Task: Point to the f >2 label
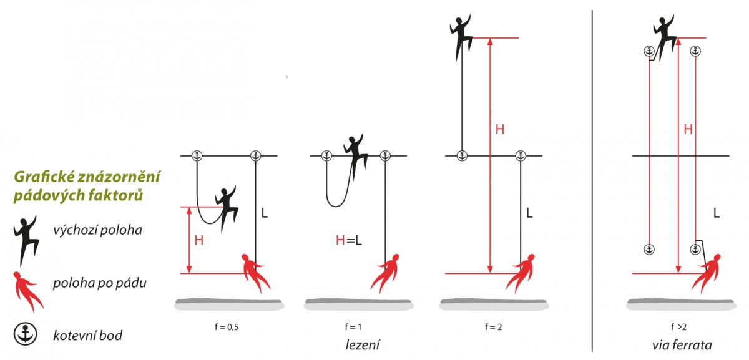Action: tap(678, 326)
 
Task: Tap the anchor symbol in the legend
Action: tap(26, 334)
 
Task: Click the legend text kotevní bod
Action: tap(87, 336)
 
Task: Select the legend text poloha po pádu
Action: tap(99, 283)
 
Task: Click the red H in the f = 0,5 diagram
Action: tap(199, 240)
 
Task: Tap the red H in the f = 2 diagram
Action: tap(500, 130)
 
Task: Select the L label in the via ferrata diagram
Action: tap(716, 213)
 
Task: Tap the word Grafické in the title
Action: tap(44, 177)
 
